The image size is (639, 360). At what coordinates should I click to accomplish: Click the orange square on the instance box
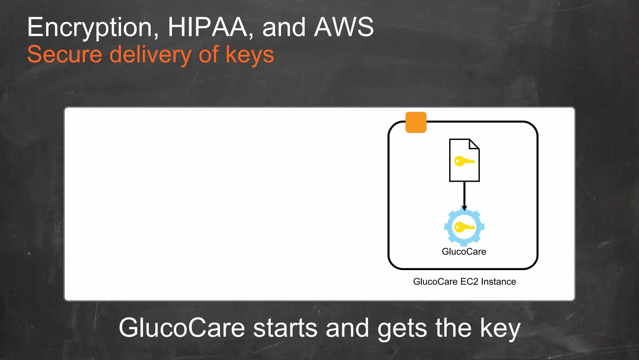[416, 122]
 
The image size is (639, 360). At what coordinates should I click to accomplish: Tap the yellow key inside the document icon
[464, 161]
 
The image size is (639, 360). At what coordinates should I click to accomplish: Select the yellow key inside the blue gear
[464, 227]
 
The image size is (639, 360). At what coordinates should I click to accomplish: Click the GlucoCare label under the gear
[464, 252]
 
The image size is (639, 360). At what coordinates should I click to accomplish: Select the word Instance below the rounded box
[499, 282]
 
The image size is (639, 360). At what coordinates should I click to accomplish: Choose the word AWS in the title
[344, 27]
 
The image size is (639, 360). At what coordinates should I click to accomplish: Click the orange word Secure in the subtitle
[65, 55]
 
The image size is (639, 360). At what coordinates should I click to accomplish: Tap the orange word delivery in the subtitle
[150, 55]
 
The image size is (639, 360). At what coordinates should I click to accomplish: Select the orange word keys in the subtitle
[250, 55]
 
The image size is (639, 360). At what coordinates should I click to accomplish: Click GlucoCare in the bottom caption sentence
[182, 328]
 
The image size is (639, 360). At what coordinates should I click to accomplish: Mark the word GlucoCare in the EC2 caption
[435, 282]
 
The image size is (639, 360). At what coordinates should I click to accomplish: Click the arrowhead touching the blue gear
[464, 208]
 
